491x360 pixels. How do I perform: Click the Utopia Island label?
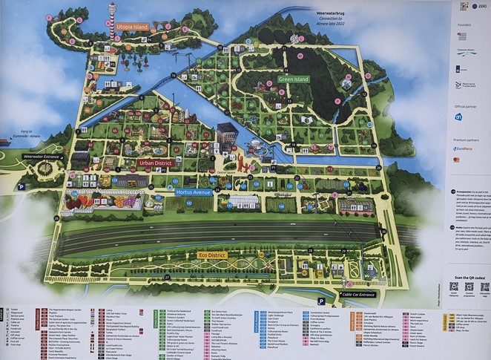[x=132, y=27]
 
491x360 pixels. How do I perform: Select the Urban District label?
[x=156, y=163]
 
